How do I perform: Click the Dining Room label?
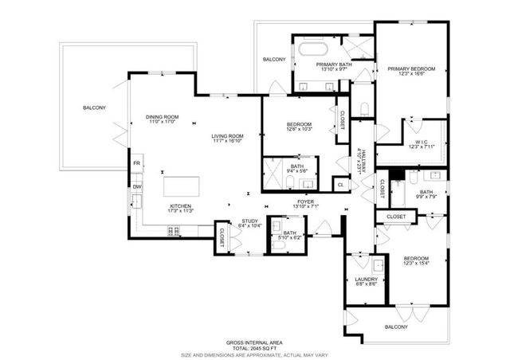point(162,117)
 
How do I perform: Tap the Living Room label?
point(227,136)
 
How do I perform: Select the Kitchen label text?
point(181,206)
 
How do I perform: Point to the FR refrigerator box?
point(137,164)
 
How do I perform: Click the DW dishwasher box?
point(137,186)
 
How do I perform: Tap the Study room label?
point(249,222)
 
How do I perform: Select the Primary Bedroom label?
point(410,69)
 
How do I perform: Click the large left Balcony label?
point(94,108)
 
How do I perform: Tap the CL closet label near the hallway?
point(341,185)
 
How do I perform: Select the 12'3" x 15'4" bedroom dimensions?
point(416,264)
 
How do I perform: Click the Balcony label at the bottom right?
point(396,327)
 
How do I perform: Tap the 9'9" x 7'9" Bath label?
point(427,195)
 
